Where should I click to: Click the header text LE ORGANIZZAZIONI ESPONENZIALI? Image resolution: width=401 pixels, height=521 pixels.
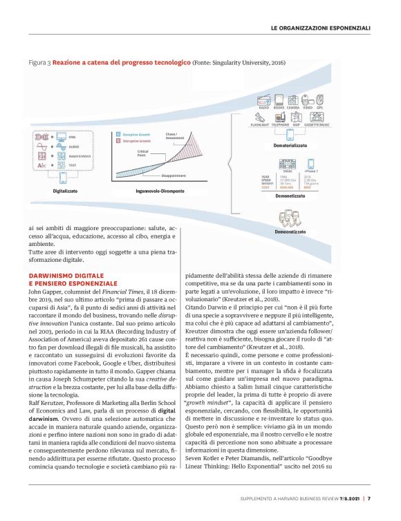point(321,28)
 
